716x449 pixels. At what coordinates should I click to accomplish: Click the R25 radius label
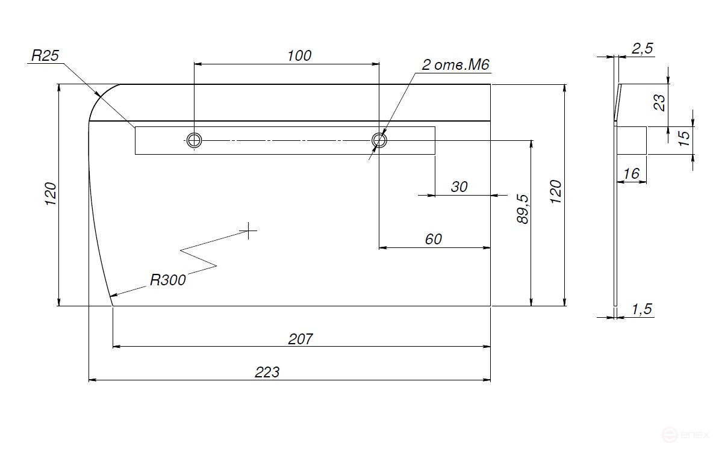click(45, 57)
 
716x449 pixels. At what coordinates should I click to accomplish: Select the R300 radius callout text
click(168, 279)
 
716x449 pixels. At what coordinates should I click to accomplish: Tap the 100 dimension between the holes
click(299, 55)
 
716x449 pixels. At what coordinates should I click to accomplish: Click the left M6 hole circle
click(194, 140)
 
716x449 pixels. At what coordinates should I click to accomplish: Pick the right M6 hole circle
click(379, 140)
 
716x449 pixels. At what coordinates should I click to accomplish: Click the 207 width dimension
click(300, 339)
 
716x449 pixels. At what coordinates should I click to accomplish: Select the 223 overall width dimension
click(267, 372)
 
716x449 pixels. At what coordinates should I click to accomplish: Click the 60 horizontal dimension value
click(433, 239)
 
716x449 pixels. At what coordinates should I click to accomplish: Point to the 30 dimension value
click(459, 187)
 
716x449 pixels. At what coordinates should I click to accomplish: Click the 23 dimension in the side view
click(660, 102)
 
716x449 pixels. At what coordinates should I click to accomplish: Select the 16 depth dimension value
click(631, 174)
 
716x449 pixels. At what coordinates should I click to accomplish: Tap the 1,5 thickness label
click(642, 309)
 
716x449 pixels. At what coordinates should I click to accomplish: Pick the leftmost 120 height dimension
click(51, 194)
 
